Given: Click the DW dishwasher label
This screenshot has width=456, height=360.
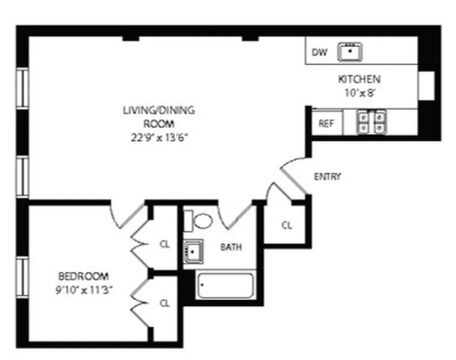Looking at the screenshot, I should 319,52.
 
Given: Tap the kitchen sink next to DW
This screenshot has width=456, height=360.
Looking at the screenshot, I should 350,52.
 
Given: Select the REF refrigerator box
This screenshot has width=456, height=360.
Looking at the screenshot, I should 326,123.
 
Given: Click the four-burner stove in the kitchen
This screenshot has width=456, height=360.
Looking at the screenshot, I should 372,122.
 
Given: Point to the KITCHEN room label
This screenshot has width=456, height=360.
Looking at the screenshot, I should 359,80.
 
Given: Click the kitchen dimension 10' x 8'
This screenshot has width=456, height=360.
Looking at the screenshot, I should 359,93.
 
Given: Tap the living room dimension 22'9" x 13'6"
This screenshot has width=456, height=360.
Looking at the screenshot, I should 158,138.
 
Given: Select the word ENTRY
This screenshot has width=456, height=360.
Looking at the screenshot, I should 327,176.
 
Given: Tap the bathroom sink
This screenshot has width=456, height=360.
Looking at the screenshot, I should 194,252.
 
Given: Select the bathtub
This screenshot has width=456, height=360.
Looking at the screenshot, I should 225,286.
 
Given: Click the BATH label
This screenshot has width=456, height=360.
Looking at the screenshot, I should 231,247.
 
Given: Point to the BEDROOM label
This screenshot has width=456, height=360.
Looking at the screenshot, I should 83,276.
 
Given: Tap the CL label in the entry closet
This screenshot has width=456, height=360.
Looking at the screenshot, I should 287,225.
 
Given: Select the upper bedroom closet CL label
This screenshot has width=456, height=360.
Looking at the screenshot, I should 165,244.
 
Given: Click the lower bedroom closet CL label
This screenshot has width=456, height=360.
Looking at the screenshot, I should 165,303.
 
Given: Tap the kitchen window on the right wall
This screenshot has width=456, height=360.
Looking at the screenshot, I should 426,85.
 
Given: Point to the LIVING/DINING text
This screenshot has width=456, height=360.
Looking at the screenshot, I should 159,110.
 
